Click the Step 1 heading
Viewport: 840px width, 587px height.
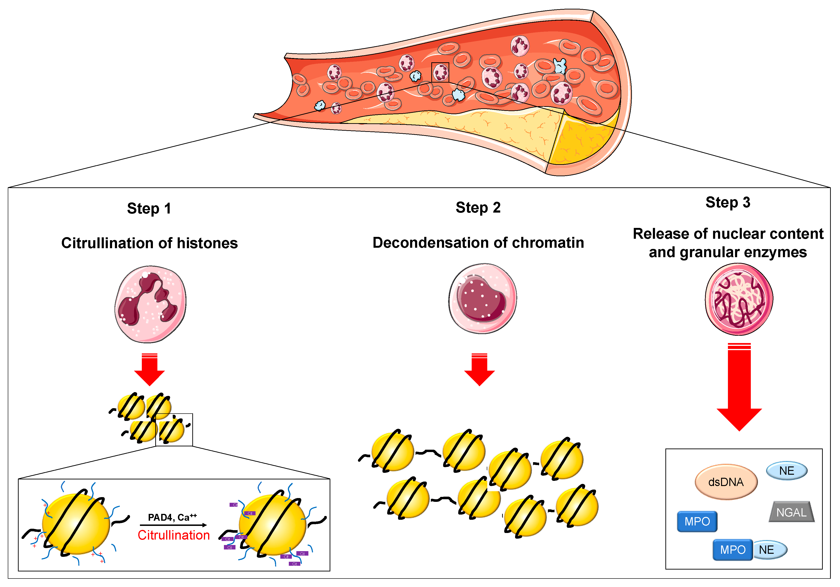pos(149,209)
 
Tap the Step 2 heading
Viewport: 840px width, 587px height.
pos(478,208)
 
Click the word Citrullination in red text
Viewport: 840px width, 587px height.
pos(173,535)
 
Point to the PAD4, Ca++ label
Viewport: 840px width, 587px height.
pos(172,517)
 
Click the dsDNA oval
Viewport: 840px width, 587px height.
pos(726,482)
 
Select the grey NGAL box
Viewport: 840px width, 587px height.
pos(791,512)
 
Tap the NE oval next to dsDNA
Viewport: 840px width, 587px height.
pos(787,471)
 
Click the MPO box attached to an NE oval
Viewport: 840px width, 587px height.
pos(732,550)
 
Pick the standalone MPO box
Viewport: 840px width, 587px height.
pos(697,521)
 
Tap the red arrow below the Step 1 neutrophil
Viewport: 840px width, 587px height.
pos(150,370)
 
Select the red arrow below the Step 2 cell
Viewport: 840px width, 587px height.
pos(479,370)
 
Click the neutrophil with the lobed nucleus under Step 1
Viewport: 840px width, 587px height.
pos(150,304)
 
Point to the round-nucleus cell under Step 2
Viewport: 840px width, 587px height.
pos(483,298)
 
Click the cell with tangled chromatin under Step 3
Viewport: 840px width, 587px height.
pos(739,299)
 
